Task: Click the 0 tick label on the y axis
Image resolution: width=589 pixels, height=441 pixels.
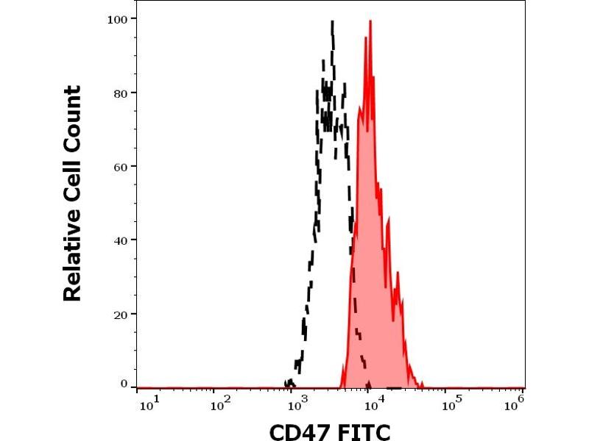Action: pyautogui.click(x=123, y=384)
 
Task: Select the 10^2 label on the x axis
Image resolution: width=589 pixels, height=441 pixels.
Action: pyautogui.click(x=221, y=402)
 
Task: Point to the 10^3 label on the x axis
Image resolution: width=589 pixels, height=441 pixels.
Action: pyautogui.click(x=299, y=402)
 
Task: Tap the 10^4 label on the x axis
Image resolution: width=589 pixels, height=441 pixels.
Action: pyautogui.click(x=377, y=402)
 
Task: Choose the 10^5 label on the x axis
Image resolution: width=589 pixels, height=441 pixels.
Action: pyautogui.click(x=454, y=402)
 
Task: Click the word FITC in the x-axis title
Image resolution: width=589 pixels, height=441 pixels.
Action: pyautogui.click(x=364, y=430)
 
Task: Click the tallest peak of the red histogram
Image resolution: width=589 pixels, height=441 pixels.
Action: pyautogui.click(x=370, y=22)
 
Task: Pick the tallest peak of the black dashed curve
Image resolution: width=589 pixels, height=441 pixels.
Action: pyautogui.click(x=333, y=22)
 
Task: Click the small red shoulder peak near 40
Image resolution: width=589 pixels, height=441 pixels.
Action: pyautogui.click(x=398, y=274)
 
